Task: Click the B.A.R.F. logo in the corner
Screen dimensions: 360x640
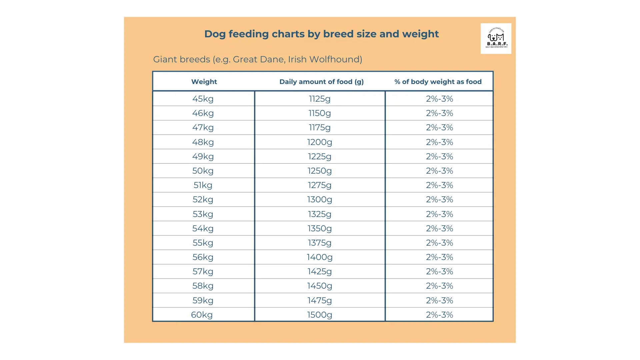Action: [496, 39]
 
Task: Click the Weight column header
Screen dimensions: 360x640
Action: [204, 82]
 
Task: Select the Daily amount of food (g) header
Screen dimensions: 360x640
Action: [321, 82]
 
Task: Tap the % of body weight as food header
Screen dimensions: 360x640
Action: [438, 82]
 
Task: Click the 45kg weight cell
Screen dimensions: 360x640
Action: [203, 99]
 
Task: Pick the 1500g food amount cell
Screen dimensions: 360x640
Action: [319, 315]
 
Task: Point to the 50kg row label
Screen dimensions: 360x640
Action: [203, 171]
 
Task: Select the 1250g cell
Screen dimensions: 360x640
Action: [319, 171]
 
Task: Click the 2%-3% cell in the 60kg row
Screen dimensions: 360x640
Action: [439, 315]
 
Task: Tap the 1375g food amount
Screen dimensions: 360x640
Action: [319, 243]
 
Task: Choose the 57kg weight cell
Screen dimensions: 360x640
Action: [203, 271]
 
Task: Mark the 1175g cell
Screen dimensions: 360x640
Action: [319, 127]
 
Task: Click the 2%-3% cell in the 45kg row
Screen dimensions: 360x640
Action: [439, 99]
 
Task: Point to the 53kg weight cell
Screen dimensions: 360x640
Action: [203, 214]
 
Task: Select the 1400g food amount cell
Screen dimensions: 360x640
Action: [319, 257]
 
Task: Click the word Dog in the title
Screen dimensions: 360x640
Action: [215, 34]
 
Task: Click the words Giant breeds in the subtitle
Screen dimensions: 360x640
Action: [181, 59]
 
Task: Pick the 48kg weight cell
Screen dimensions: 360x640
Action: [203, 142]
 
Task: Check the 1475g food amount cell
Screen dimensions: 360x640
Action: [319, 300]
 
